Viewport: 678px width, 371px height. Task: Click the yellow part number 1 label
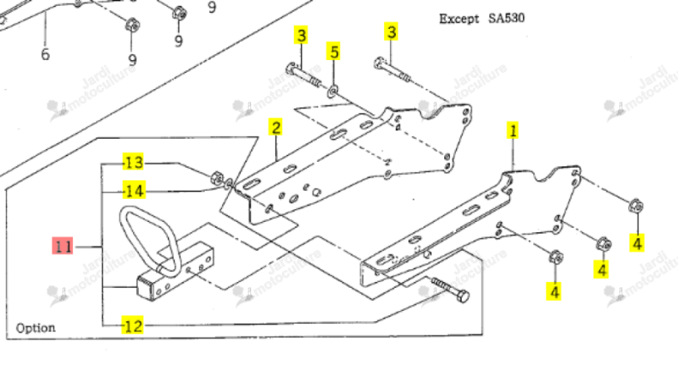pos(513,130)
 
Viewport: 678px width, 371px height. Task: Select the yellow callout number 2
pos(275,128)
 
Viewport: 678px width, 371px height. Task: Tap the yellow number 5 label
pos(334,52)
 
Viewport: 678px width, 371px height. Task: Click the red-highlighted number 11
pos(62,246)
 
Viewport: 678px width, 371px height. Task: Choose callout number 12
pos(133,325)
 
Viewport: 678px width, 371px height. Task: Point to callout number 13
pos(133,163)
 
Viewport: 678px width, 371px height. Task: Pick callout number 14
pos(134,191)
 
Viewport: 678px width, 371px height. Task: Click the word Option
pos(36,328)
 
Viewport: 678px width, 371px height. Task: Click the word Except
pos(458,19)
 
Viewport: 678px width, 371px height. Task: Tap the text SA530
pos(506,19)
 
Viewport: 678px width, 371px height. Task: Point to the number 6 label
pos(45,54)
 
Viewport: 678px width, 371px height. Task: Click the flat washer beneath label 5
pos(333,91)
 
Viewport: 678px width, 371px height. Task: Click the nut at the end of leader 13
pos(217,178)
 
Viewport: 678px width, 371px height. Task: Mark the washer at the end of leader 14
pos(229,185)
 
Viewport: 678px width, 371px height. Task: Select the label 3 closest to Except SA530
pos(392,32)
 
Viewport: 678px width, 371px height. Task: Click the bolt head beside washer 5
pos(291,68)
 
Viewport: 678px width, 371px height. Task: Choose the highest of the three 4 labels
pos(637,242)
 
